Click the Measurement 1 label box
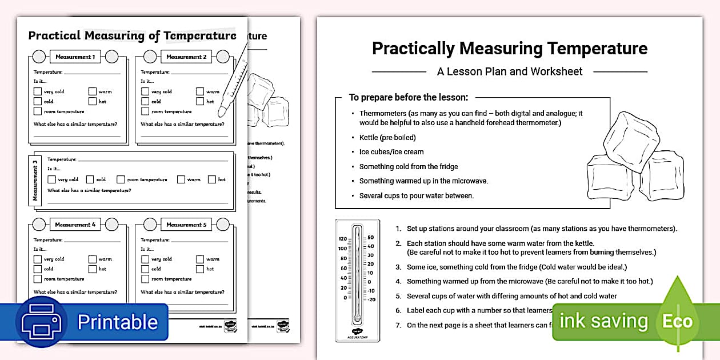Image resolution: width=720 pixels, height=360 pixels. (75, 57)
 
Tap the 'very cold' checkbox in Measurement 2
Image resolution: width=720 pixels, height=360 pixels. (145, 91)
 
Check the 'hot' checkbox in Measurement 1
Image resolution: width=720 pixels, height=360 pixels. (92, 101)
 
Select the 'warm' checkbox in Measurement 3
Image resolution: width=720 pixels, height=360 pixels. (181, 179)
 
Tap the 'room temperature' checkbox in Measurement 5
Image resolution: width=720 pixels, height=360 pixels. (145, 279)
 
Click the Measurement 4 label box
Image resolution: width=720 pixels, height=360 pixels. (75, 225)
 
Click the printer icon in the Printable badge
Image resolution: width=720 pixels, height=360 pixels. (41, 322)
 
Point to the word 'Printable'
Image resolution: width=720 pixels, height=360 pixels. (117, 322)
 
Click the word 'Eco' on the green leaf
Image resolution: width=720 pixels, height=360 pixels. (677, 322)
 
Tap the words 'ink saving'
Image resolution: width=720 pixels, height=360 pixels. (603, 321)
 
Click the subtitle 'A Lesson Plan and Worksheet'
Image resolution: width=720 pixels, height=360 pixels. (510, 71)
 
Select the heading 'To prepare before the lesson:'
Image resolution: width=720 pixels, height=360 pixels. (409, 98)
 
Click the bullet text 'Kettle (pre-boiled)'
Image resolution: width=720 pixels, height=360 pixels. (387, 137)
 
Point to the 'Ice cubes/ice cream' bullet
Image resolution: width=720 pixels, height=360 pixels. (391, 152)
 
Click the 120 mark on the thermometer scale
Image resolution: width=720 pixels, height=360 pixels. (343, 239)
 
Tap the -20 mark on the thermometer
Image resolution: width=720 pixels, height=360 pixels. (370, 299)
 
